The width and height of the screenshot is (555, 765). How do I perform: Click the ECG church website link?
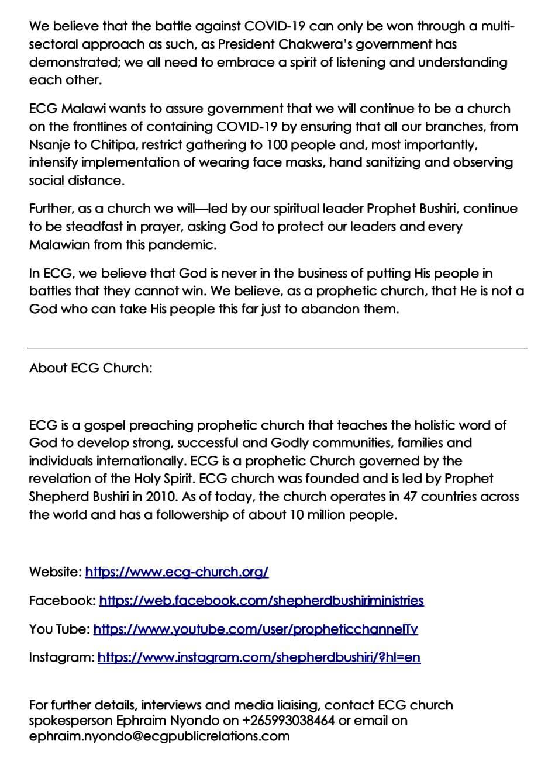click(x=177, y=572)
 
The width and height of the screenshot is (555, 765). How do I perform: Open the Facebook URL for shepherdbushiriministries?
click(x=261, y=601)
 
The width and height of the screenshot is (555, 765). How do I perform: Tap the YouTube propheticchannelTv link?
click(x=256, y=629)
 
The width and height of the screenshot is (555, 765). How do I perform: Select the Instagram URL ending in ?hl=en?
click(x=258, y=657)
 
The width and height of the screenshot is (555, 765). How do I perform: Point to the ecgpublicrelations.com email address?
click(x=159, y=736)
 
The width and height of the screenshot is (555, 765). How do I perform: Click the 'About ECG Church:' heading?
click(x=91, y=369)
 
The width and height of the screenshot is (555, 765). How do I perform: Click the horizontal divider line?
click(x=277, y=348)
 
